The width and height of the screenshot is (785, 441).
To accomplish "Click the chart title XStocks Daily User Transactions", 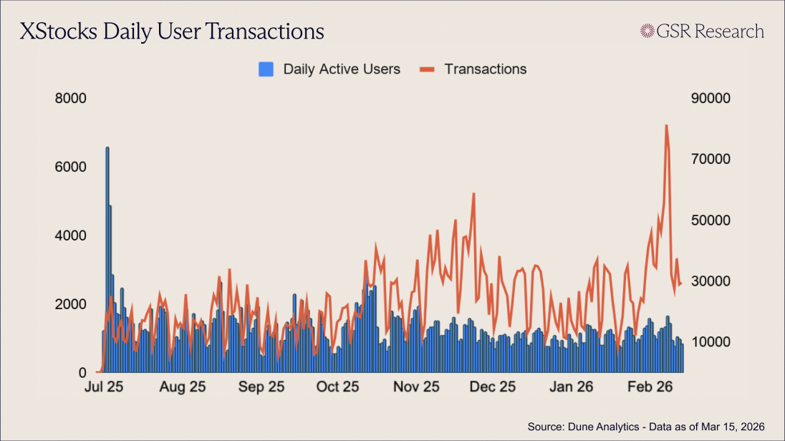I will pyautogui.click(x=172, y=31).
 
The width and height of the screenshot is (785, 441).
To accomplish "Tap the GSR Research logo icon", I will pyautogui.click(x=647, y=31).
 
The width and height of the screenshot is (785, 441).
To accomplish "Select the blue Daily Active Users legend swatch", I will pyautogui.click(x=266, y=69).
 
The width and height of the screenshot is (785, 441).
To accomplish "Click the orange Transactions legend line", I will pyautogui.click(x=427, y=69).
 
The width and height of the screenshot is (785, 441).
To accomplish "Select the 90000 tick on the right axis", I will pyautogui.click(x=711, y=98).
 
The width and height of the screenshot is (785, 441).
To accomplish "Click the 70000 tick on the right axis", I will pyautogui.click(x=711, y=159).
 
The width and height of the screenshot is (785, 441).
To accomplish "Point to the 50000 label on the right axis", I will pyautogui.click(x=711, y=220).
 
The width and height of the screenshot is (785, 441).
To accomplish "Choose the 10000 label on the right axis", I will pyautogui.click(x=711, y=341).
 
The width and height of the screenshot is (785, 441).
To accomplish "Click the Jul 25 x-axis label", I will pyautogui.click(x=105, y=387).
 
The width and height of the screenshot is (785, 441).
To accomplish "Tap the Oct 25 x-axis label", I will pyautogui.click(x=337, y=387).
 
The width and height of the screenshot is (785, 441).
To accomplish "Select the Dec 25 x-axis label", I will pyautogui.click(x=493, y=387).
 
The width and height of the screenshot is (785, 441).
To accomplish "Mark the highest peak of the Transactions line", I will pyautogui.click(x=666, y=126).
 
